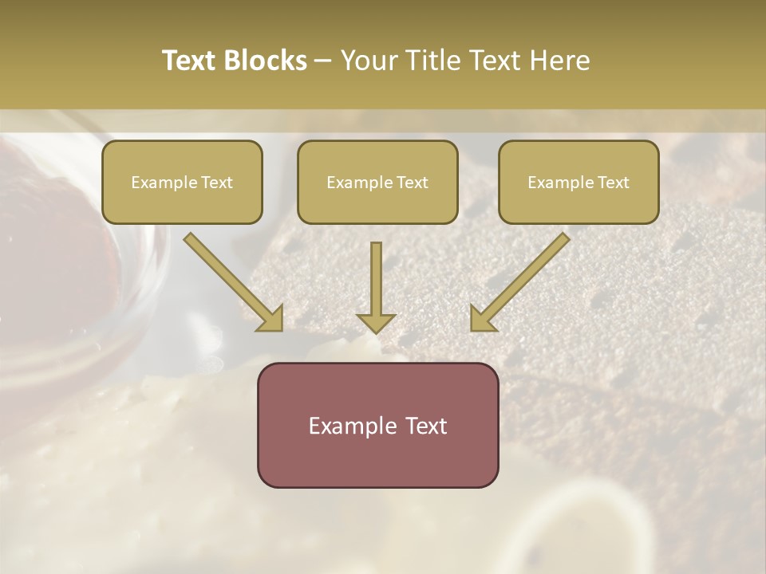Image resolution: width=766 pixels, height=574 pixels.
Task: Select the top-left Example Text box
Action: [x=182, y=182]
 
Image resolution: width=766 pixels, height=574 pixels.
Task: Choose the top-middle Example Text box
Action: [x=377, y=182]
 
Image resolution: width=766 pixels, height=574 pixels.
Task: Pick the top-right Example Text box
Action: [x=578, y=182]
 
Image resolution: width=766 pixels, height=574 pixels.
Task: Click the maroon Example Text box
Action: [x=377, y=425]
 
